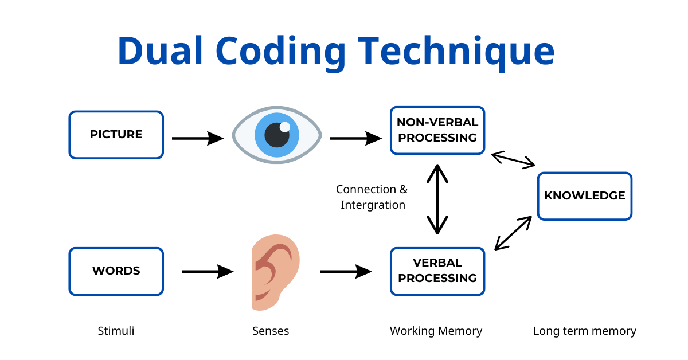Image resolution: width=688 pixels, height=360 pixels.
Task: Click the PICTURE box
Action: (x=116, y=135)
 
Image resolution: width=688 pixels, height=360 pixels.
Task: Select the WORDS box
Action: (x=116, y=271)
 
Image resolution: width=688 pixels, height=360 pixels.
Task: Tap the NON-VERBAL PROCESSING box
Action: (x=437, y=130)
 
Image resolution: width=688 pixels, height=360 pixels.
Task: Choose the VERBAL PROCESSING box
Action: (x=437, y=271)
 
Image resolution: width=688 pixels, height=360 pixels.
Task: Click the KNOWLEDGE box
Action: (x=584, y=196)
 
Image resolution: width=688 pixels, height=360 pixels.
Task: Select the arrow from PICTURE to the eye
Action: (x=197, y=138)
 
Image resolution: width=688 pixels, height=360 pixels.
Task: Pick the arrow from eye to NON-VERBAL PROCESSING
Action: (x=355, y=138)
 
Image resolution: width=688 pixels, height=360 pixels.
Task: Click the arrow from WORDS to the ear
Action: (x=208, y=271)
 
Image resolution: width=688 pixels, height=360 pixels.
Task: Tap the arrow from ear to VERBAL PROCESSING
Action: (x=346, y=271)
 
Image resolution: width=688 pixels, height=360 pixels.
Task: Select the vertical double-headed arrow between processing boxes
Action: (x=437, y=199)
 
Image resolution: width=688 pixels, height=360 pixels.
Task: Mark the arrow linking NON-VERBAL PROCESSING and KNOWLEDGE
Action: (x=513, y=159)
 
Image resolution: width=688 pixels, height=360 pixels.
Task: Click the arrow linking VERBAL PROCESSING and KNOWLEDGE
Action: (x=514, y=233)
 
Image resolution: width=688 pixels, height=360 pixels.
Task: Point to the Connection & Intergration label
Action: (x=372, y=197)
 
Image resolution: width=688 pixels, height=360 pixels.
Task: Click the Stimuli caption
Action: (x=116, y=331)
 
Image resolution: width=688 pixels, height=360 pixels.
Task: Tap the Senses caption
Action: (x=271, y=331)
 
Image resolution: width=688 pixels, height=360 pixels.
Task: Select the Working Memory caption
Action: (x=436, y=331)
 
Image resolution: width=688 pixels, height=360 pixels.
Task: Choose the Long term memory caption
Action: (x=584, y=331)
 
